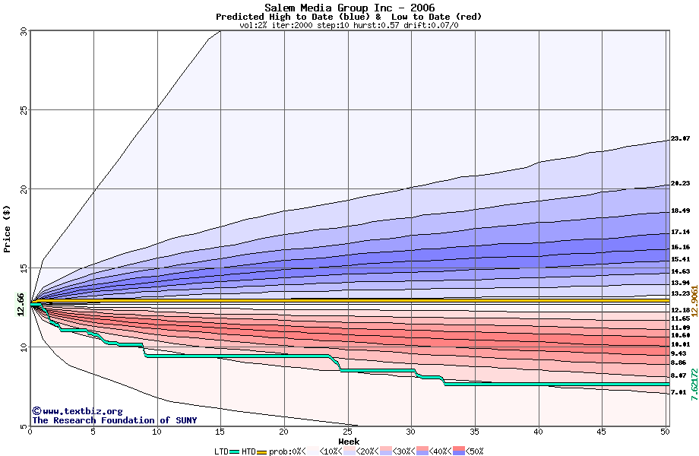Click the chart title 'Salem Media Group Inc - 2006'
349,8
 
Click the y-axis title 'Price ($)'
8,229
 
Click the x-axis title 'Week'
349,442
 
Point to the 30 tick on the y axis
24,31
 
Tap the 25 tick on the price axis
24,109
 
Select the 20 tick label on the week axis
284,432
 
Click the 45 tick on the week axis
602,432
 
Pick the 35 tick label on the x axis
475,432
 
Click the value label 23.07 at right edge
680,139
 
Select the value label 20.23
680,183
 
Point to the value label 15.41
680,259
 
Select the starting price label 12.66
21,307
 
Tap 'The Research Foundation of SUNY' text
114,420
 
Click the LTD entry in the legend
222,451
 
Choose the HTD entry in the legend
248,451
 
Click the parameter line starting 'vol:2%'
349,25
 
